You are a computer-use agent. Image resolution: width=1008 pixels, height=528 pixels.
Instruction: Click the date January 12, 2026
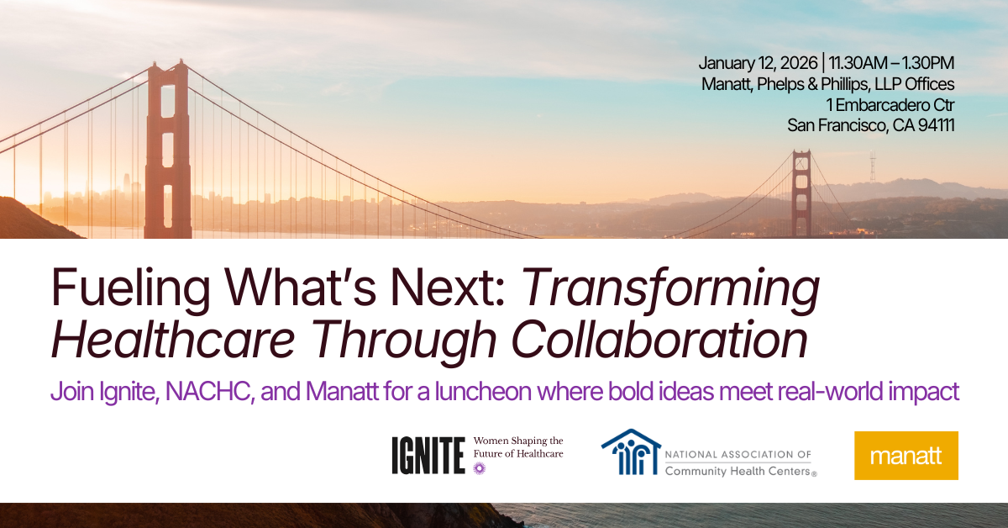[759, 64]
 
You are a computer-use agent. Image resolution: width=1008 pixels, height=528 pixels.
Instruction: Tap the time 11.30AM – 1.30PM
[893, 64]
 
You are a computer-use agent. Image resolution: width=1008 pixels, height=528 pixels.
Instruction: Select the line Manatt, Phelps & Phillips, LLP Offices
[827, 84]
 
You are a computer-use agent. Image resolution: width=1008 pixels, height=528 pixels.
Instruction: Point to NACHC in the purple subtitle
[217, 393]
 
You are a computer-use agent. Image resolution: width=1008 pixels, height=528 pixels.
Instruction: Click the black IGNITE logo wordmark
[428, 455]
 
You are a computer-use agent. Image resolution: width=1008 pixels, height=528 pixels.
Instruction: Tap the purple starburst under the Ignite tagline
[480, 467]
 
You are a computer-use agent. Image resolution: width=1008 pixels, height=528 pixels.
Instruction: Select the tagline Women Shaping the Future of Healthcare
[518, 447]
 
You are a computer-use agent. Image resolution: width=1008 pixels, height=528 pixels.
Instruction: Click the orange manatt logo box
[906, 456]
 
